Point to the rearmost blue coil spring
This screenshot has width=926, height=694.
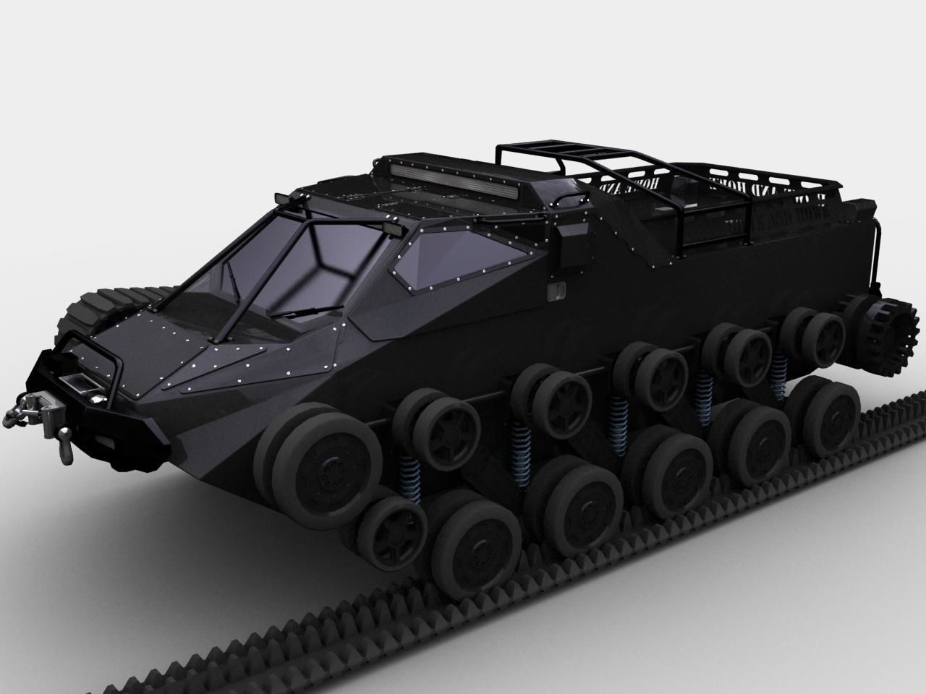(778, 373)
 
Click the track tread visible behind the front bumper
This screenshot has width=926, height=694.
(94, 311)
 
